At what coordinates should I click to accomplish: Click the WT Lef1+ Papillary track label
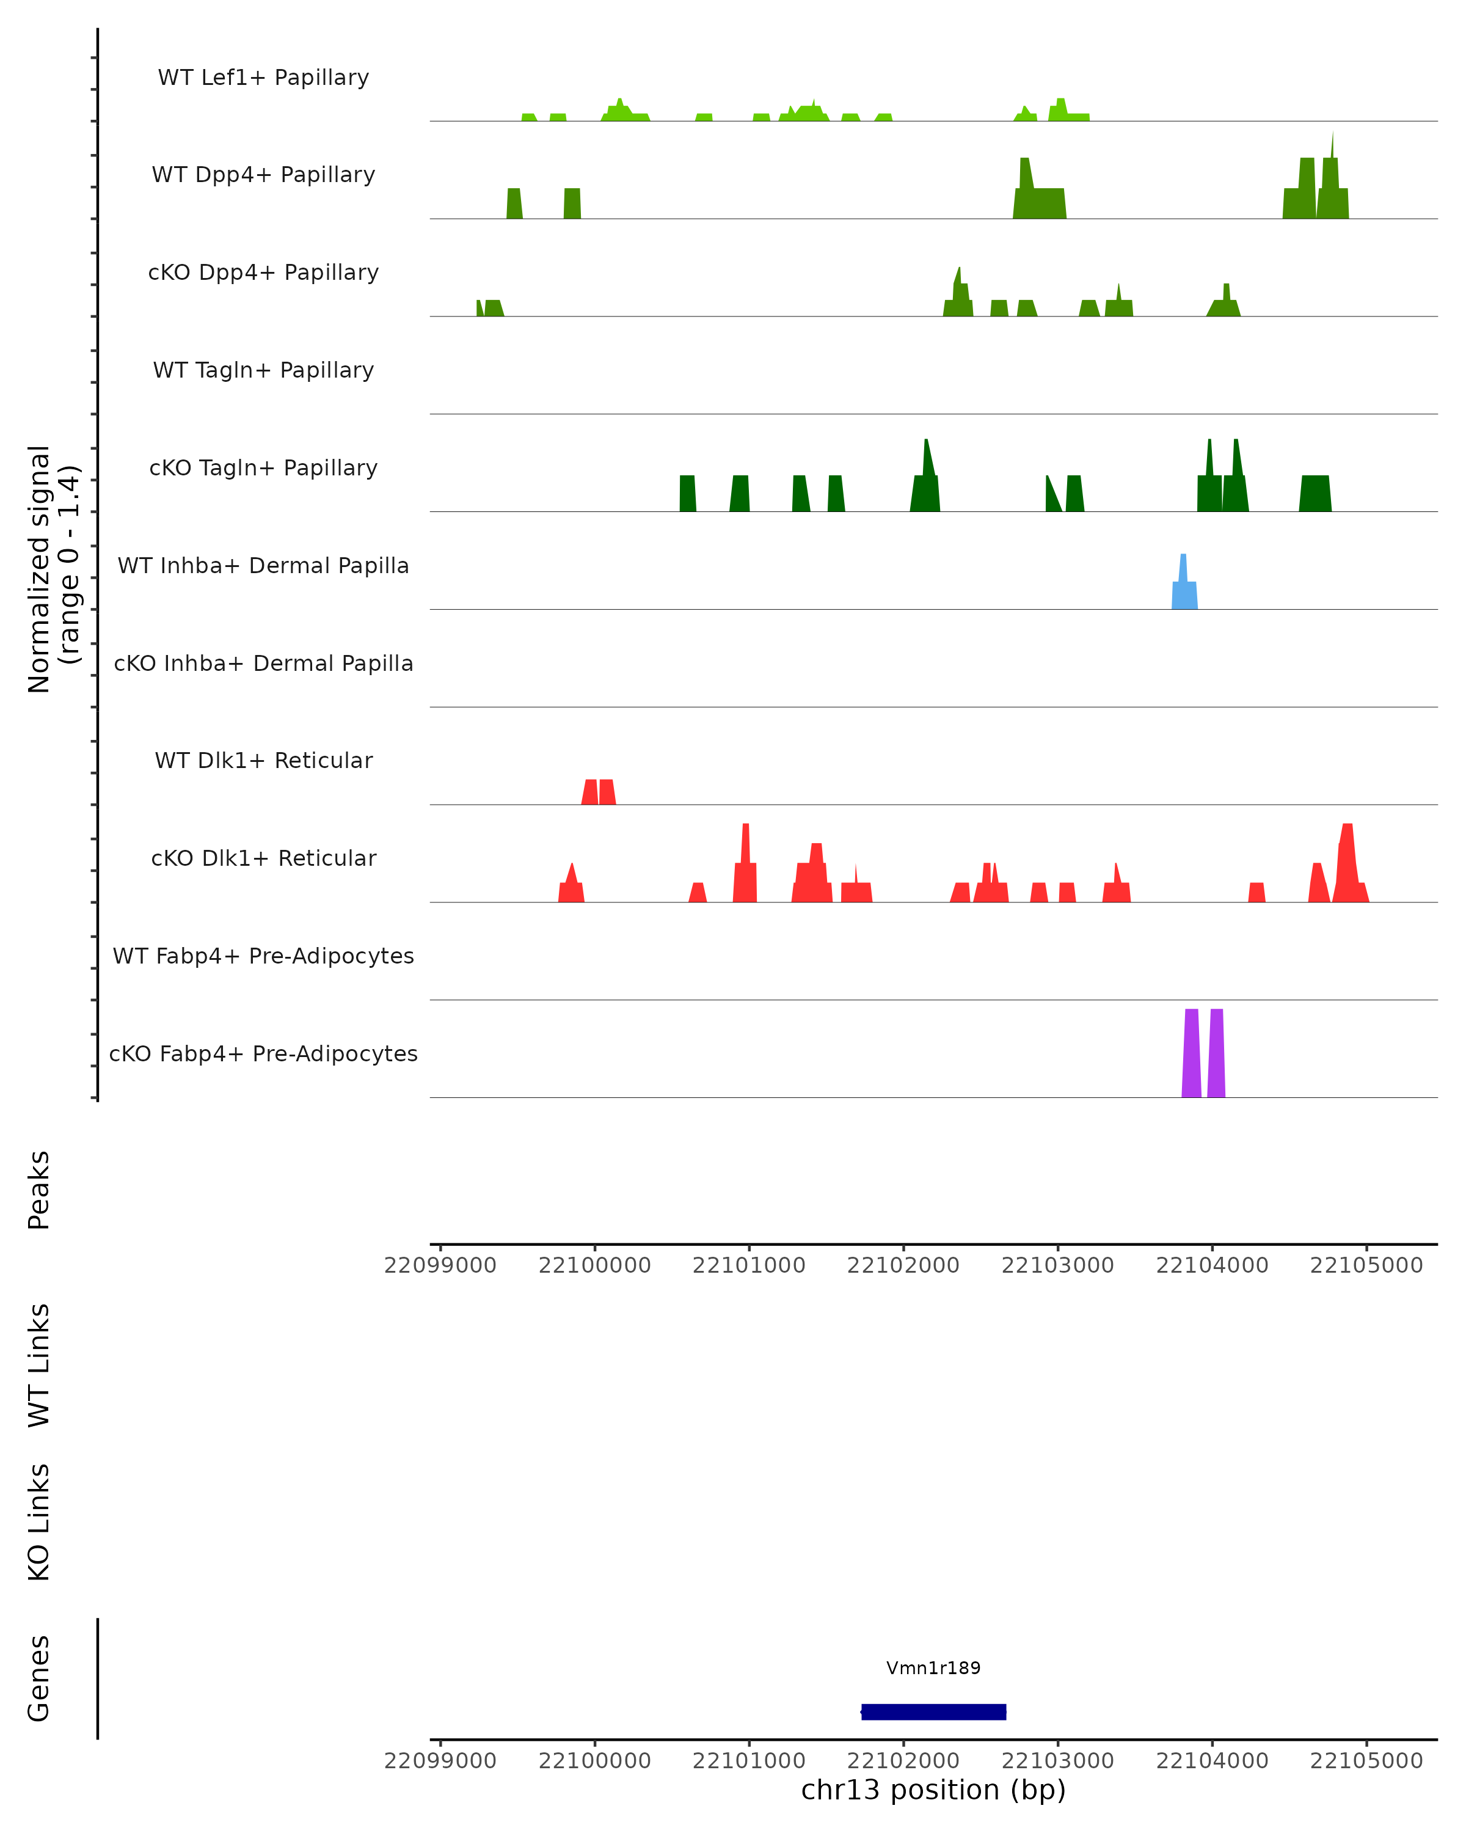click(x=263, y=78)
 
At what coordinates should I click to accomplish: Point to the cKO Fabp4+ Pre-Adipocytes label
click(x=263, y=1053)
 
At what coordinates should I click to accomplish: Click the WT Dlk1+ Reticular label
click(x=263, y=760)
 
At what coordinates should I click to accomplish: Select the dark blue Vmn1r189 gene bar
click(x=933, y=1711)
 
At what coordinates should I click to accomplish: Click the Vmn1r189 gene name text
click(x=933, y=1668)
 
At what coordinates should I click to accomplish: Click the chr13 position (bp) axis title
click(x=933, y=1790)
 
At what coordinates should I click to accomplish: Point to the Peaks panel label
click(x=39, y=1190)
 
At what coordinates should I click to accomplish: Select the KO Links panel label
click(x=39, y=1522)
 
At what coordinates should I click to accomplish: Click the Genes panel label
click(x=39, y=1678)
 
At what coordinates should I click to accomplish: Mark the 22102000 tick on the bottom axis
click(x=903, y=1761)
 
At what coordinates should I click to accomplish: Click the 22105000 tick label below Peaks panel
click(x=1366, y=1265)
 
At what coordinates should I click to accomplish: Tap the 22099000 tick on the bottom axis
click(x=440, y=1761)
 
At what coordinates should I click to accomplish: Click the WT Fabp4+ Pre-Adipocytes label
click(x=263, y=956)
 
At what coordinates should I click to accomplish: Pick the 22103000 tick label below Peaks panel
click(x=1057, y=1265)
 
